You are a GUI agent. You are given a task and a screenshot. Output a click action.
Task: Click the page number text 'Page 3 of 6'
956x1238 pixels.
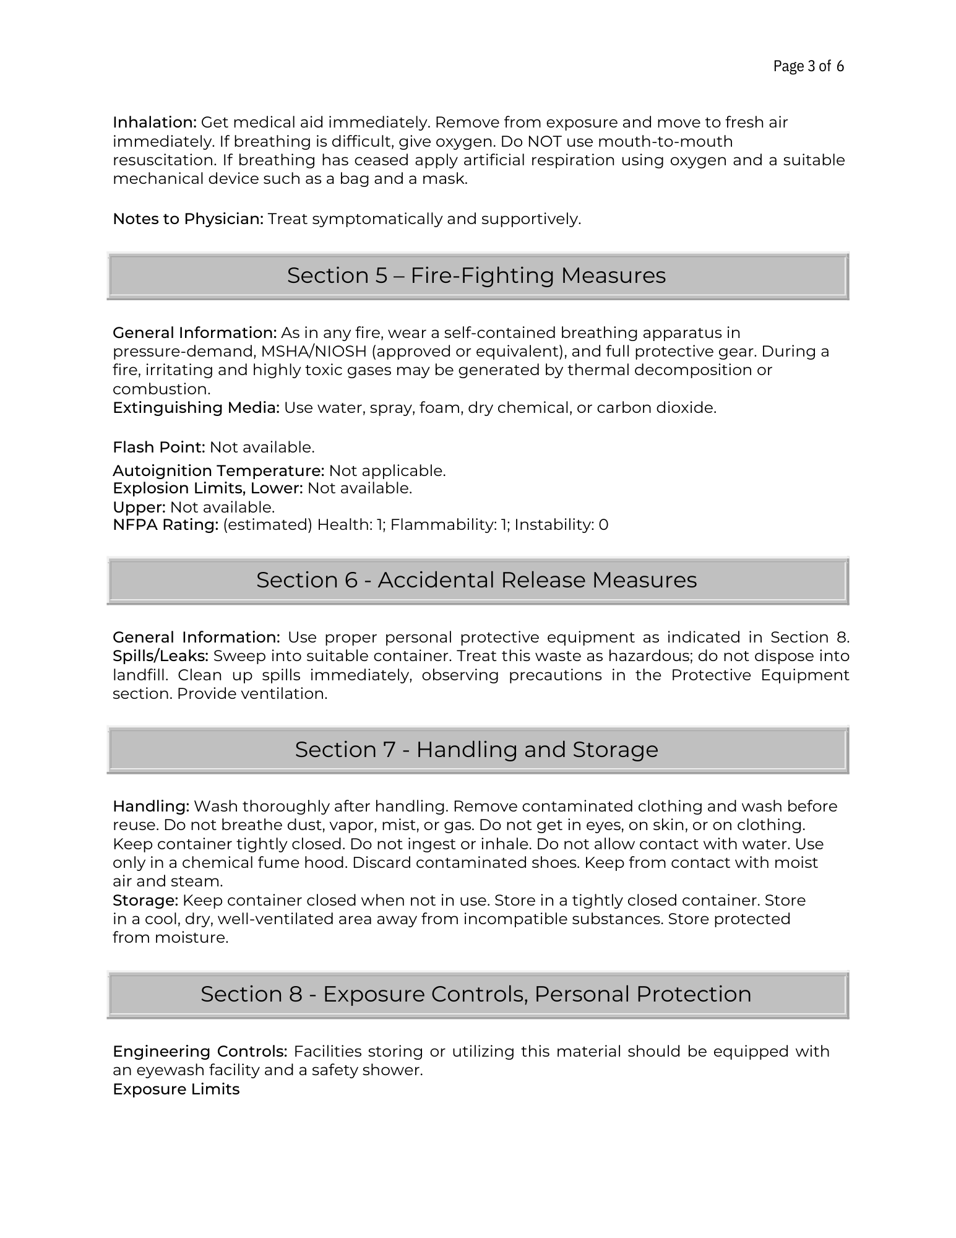pyautogui.click(x=808, y=66)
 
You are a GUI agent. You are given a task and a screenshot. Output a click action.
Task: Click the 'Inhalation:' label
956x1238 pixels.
pyautogui.click(x=155, y=123)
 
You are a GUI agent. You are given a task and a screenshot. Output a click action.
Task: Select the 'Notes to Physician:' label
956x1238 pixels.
pyautogui.click(x=188, y=219)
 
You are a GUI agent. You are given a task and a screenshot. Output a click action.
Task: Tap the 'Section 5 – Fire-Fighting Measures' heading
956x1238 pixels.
pyautogui.click(x=476, y=275)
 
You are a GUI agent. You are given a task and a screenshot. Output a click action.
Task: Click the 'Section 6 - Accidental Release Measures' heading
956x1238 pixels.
pyautogui.click(x=476, y=580)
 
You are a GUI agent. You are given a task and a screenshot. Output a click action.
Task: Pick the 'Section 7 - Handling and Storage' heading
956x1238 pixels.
pyautogui.click(x=476, y=750)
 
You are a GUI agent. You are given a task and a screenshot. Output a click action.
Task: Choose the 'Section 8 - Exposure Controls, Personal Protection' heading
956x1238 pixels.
pyautogui.click(x=476, y=994)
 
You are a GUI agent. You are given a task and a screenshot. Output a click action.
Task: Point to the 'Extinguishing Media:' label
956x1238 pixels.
pyautogui.click(x=196, y=408)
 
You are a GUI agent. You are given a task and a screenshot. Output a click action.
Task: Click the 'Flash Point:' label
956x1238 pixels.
pyautogui.click(x=159, y=448)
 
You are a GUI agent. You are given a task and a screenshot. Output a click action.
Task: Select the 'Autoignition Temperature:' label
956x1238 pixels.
pyautogui.click(x=218, y=471)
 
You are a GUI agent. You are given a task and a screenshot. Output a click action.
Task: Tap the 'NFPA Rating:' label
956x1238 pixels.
pyautogui.click(x=166, y=525)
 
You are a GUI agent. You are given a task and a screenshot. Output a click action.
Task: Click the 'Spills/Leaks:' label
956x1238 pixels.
pyautogui.click(x=161, y=656)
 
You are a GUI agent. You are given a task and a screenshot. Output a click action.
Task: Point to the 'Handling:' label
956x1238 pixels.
pyautogui.click(x=151, y=807)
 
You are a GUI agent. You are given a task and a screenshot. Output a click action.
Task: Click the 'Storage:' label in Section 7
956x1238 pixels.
pyautogui.click(x=145, y=901)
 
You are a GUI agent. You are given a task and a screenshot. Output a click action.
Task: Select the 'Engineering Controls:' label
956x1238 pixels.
pyautogui.click(x=200, y=1052)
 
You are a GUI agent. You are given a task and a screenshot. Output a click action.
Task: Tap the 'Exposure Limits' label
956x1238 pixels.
pyautogui.click(x=176, y=1089)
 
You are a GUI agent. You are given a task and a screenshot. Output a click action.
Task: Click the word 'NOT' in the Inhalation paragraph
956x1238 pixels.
pyautogui.click(x=544, y=142)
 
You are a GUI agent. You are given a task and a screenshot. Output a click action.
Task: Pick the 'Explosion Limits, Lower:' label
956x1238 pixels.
pyautogui.click(x=207, y=488)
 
